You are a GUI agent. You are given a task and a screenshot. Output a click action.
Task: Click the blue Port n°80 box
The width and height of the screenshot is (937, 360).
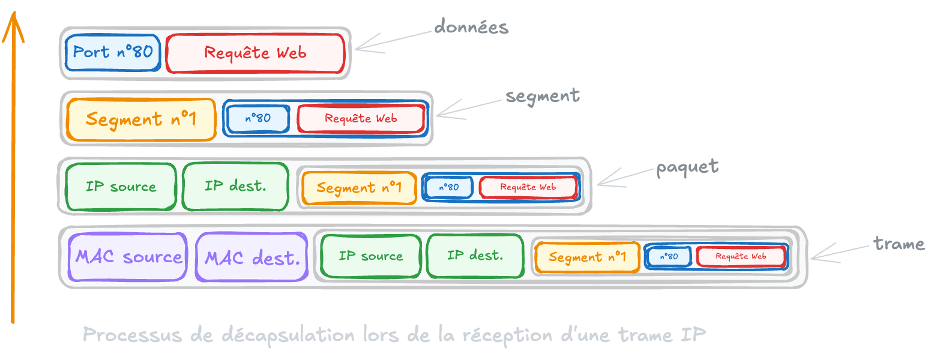tap(112, 52)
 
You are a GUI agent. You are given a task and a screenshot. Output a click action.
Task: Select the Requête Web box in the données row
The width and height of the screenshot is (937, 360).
tap(255, 53)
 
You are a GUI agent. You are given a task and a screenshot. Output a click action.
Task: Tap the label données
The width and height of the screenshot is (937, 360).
tap(471, 27)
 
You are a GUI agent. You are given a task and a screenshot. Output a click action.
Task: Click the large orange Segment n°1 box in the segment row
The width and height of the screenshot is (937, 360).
tap(141, 119)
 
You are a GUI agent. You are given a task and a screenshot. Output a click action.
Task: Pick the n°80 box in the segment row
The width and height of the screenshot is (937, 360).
tap(258, 118)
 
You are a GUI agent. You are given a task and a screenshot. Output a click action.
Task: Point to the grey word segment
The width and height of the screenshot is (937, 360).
tap(543, 96)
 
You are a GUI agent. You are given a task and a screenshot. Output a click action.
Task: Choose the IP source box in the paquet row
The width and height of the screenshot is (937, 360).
tap(121, 187)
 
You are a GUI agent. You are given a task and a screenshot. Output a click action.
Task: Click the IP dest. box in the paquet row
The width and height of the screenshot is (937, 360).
tap(235, 186)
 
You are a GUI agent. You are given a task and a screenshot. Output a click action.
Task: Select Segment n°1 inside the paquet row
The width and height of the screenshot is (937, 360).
tap(359, 188)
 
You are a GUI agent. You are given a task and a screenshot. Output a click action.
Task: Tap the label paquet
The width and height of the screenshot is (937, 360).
tap(687, 167)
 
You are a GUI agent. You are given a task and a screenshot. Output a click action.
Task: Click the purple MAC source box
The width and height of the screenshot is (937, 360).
tap(128, 257)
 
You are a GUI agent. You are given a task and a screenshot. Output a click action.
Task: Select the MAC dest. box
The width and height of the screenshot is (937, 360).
tap(252, 258)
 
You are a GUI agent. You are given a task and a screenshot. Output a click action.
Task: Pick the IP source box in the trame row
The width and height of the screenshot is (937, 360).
tap(370, 256)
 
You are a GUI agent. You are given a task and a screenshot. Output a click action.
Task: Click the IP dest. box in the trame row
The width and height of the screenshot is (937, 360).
tap(475, 256)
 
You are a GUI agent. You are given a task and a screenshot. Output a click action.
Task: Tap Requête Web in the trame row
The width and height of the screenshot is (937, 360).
tap(741, 256)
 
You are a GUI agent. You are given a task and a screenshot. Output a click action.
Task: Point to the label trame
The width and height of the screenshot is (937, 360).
tap(899, 244)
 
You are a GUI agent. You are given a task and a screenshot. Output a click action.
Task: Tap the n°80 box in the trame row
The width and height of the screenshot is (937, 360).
tap(668, 257)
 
